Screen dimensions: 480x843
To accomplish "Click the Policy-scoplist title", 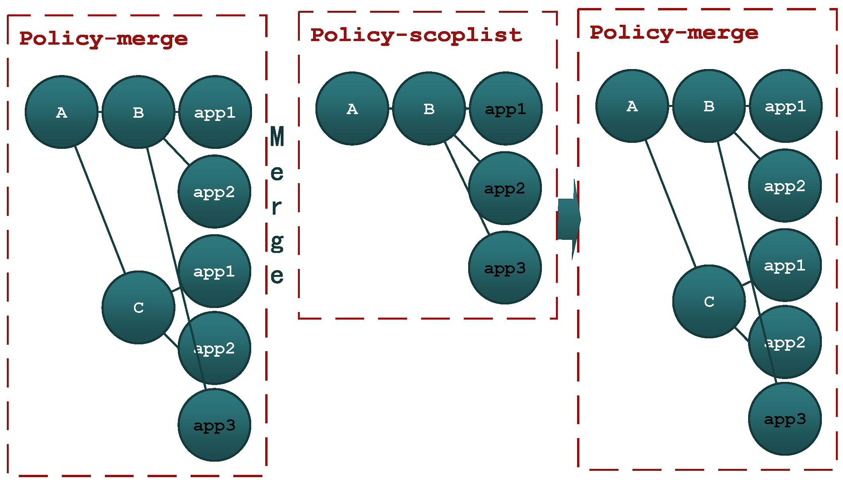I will pos(416,35).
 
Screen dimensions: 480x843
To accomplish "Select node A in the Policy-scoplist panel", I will pos(352,109).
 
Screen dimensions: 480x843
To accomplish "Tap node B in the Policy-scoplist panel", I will pos(429,109).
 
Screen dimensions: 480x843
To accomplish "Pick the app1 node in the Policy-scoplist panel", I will pos(505,109).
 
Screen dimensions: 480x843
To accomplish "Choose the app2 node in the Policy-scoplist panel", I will pos(504,188).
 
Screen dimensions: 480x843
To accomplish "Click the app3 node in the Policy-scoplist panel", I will pos(504,268).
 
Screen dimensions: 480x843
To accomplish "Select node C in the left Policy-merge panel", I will pos(138,307).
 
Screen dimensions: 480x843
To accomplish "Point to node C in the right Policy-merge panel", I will pos(709,301).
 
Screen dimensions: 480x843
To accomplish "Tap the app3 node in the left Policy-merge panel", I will pos(214,425).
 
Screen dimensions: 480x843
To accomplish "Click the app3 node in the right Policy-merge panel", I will pos(785,419).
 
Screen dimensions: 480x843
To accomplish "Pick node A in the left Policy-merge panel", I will pos(61,112).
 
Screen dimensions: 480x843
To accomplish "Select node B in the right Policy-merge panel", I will pos(709,106).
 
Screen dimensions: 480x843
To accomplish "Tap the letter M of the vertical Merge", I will pos(277,136).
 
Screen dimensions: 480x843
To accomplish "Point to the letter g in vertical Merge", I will pos(277,242).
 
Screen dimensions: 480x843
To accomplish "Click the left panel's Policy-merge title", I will pos(103,39).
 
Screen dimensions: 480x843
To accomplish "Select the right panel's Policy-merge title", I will pos(674,33).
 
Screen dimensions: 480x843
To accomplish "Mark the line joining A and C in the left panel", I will pos(100,209).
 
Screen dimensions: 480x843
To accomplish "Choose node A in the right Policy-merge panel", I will pos(632,106).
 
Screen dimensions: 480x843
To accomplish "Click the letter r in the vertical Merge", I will pos(276,207).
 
